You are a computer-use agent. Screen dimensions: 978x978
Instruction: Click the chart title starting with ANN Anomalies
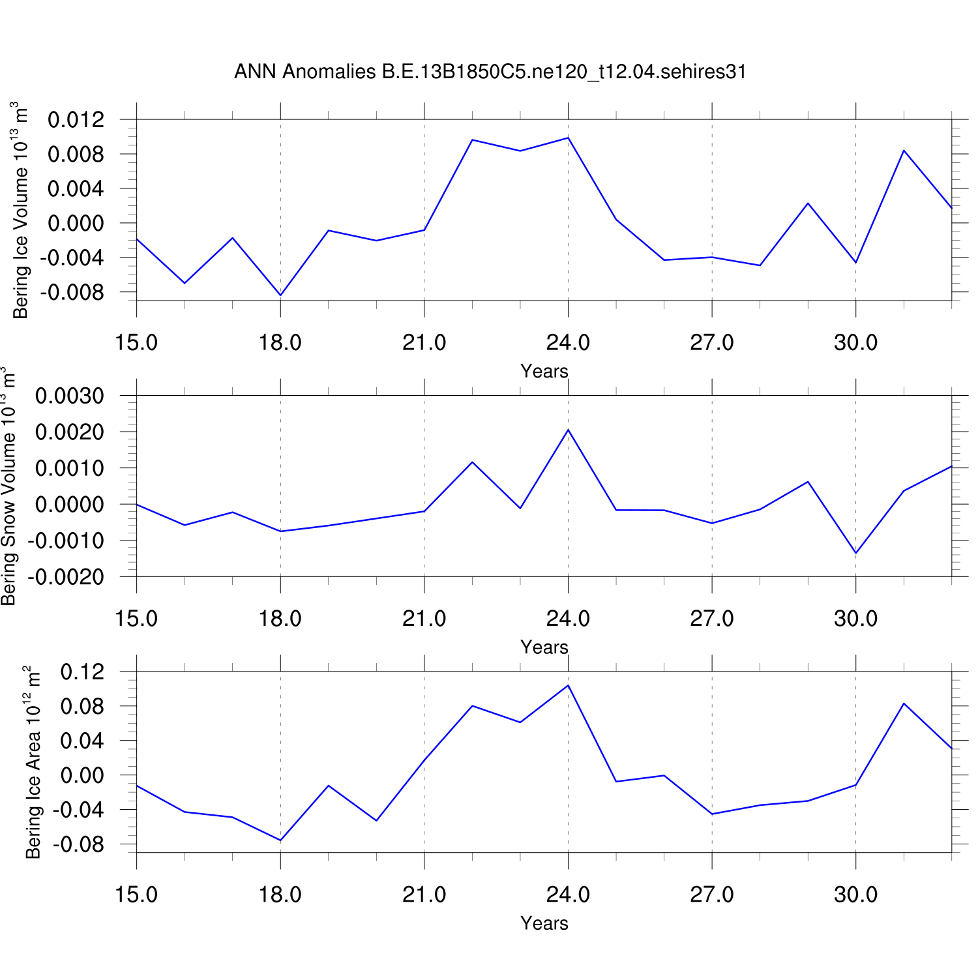point(490,72)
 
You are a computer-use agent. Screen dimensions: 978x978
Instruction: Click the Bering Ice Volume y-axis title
point(20,210)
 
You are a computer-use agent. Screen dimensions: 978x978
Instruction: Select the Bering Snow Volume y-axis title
point(8,486)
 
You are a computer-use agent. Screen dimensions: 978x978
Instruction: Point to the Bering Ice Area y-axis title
point(33,762)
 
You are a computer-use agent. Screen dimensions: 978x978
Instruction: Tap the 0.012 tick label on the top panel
point(76,120)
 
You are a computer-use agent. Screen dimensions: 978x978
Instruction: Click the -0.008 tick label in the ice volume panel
point(71,293)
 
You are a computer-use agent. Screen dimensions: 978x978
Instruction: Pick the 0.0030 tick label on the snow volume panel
point(69,396)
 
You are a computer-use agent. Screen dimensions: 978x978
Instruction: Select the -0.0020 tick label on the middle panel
point(65,577)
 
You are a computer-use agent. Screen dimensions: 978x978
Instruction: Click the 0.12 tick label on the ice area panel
point(81,672)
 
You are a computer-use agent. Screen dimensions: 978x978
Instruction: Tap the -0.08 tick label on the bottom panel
point(78,845)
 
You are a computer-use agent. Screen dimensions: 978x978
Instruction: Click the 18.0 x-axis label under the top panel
point(280,342)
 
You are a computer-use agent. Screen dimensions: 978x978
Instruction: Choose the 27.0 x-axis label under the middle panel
point(712,618)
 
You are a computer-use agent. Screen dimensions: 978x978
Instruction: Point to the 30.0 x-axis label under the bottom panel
point(855,895)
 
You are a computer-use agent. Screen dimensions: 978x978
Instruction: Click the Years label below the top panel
point(544,372)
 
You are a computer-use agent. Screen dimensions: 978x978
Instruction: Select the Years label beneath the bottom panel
point(544,924)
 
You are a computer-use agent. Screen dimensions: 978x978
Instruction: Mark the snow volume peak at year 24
point(569,430)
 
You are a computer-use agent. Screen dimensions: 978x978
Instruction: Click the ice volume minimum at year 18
point(280,295)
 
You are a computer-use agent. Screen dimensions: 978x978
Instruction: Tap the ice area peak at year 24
point(569,685)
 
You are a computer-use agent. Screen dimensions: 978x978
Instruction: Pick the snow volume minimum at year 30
point(856,553)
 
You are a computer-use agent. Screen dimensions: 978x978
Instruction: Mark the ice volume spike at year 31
point(904,151)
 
